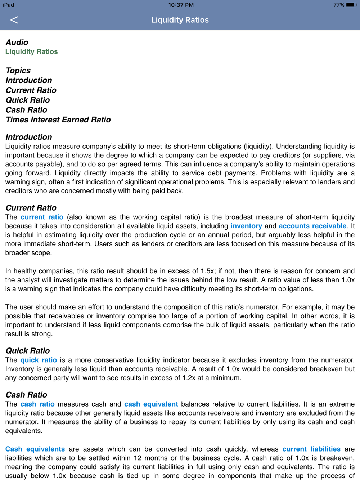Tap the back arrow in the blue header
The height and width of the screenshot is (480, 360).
click(x=14, y=20)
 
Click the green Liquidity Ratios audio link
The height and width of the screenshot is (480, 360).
click(x=31, y=51)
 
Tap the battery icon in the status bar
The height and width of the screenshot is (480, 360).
click(x=351, y=5)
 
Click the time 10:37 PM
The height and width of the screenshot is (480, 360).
click(x=181, y=5)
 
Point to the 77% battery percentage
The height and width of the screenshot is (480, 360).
click(x=338, y=5)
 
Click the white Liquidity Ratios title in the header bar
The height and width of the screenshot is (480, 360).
click(x=180, y=20)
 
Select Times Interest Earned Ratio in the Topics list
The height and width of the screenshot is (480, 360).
click(x=58, y=120)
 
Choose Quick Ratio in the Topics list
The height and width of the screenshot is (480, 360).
click(x=28, y=100)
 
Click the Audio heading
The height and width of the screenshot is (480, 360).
click(x=17, y=42)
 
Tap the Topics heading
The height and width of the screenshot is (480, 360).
click(x=18, y=71)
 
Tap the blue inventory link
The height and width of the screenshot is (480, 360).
click(x=246, y=226)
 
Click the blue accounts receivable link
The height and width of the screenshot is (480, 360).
click(x=312, y=226)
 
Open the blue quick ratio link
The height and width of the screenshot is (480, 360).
click(x=39, y=360)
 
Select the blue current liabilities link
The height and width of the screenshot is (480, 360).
click(x=311, y=449)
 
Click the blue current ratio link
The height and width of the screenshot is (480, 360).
click(x=42, y=217)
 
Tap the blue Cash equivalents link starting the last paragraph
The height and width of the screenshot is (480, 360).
click(x=35, y=449)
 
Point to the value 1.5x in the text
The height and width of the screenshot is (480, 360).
click(x=208, y=271)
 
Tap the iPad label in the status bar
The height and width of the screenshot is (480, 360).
click(x=9, y=5)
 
